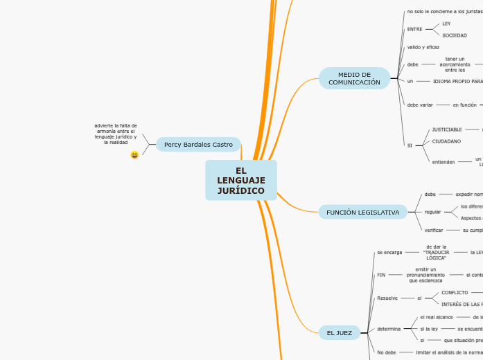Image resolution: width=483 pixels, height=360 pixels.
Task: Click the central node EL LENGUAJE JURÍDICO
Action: pyautogui.click(x=241, y=181)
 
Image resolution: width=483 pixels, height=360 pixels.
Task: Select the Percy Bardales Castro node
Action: pyautogui.click(x=198, y=144)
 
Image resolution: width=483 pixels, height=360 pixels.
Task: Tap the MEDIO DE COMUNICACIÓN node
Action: pyautogui.click(x=354, y=78)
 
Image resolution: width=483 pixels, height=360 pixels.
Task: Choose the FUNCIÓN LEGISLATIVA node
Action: pyautogui.click(x=363, y=213)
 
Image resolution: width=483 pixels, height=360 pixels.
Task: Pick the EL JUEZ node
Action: pyautogui.click(x=340, y=333)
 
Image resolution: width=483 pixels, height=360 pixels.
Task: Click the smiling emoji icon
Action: pyautogui.click(x=134, y=155)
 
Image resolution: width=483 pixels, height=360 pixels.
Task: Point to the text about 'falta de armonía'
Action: pyautogui.click(x=116, y=134)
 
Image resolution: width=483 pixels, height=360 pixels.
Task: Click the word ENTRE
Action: pyautogui.click(x=414, y=29)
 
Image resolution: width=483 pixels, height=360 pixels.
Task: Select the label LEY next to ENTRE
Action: pyautogui.click(x=446, y=24)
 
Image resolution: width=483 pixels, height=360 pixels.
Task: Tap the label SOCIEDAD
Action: pyautogui.click(x=455, y=35)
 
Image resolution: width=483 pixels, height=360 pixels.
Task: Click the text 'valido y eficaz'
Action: pyautogui.click(x=423, y=47)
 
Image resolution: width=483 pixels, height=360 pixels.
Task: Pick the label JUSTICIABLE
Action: pyautogui.click(x=447, y=129)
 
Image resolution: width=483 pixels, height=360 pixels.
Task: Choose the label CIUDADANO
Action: pyautogui.click(x=446, y=141)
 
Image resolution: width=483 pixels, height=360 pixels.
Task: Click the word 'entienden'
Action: pyautogui.click(x=444, y=162)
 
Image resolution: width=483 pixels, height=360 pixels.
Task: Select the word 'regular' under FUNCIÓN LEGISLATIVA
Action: pyautogui.click(x=432, y=212)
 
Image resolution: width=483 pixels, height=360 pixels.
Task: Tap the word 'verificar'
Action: pyautogui.click(x=434, y=230)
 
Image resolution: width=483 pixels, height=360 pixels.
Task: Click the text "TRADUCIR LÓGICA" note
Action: pyautogui.click(x=436, y=252)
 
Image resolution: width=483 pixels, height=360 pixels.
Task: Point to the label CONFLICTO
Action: pyautogui.click(x=455, y=293)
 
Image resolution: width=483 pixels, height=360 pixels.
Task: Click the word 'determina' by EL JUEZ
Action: pyautogui.click(x=389, y=328)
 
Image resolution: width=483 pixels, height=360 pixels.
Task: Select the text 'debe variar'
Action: pyautogui.click(x=420, y=105)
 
